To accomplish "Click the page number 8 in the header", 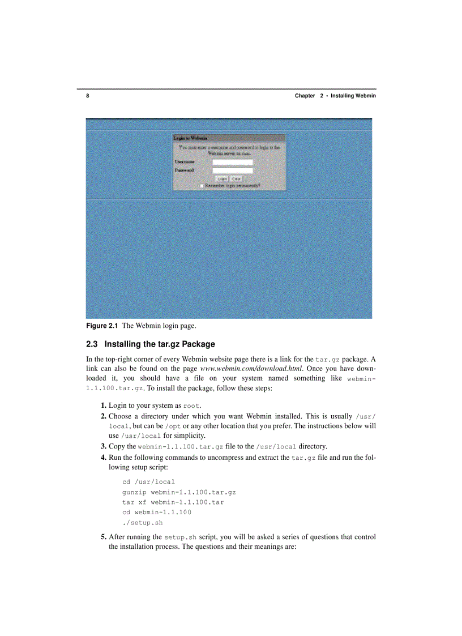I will (88, 96).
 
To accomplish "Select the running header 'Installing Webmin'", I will (353, 96).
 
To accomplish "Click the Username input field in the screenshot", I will (232, 162).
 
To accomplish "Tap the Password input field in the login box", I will (232, 170).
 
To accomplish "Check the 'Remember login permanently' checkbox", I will (202, 185).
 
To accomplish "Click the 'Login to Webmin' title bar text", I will (190, 138).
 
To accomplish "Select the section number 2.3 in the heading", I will (92, 344).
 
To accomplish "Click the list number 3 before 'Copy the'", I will (104, 446).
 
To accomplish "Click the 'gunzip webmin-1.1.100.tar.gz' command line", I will (179, 492).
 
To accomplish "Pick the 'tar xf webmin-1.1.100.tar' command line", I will (173, 502).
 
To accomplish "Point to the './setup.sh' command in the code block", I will (142, 523).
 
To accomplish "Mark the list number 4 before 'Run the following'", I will (104, 456).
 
